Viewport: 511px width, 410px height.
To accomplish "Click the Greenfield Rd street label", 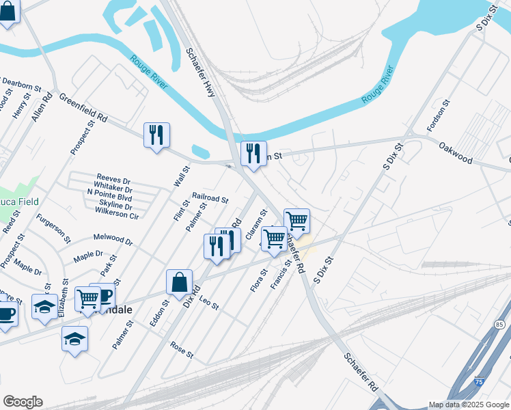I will [x=83, y=108].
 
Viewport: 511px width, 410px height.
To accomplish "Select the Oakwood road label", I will [x=456, y=153].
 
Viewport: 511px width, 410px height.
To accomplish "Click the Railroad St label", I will [x=210, y=198].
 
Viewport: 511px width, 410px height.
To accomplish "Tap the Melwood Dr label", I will [x=113, y=241].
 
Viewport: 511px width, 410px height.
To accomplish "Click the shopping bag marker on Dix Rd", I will [x=179, y=282].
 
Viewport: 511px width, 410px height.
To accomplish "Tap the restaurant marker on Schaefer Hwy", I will [x=253, y=154].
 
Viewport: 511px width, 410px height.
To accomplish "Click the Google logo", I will [x=23, y=402].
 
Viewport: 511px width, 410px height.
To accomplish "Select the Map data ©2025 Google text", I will [x=468, y=405].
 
